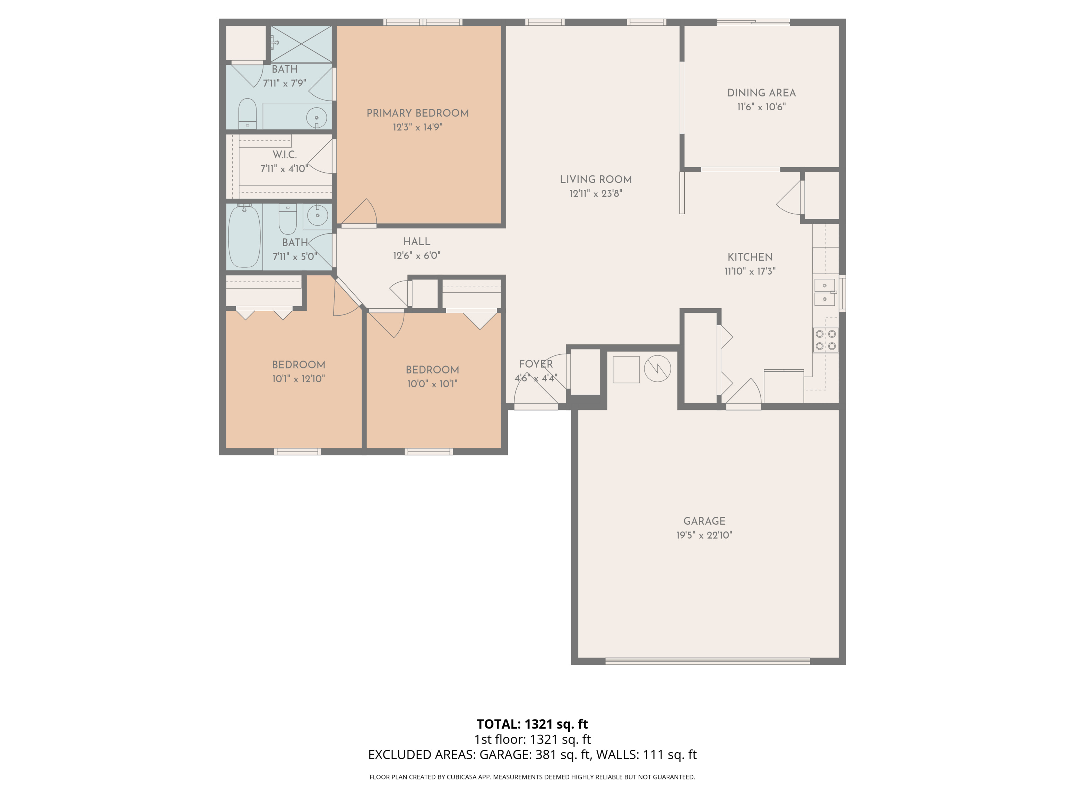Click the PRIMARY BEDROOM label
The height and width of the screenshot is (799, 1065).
tap(417, 113)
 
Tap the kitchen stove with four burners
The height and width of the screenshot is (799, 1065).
tap(825, 340)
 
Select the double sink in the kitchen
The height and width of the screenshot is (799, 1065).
tap(824, 292)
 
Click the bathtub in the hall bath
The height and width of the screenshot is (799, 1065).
tap(244, 236)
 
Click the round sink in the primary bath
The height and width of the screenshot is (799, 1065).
tap(317, 117)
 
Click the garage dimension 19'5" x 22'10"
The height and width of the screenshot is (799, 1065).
tap(704, 535)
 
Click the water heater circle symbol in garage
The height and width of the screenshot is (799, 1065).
tap(657, 369)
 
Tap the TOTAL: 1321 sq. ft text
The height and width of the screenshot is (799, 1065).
tap(532, 724)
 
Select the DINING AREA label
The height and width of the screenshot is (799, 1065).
tap(761, 93)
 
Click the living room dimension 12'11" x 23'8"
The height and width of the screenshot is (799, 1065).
tap(596, 194)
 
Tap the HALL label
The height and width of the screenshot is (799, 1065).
tap(416, 242)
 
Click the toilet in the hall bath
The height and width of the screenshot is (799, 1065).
tap(288, 219)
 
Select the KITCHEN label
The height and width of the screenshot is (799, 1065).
tap(750, 257)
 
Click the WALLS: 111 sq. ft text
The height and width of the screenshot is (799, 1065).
tap(646, 755)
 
